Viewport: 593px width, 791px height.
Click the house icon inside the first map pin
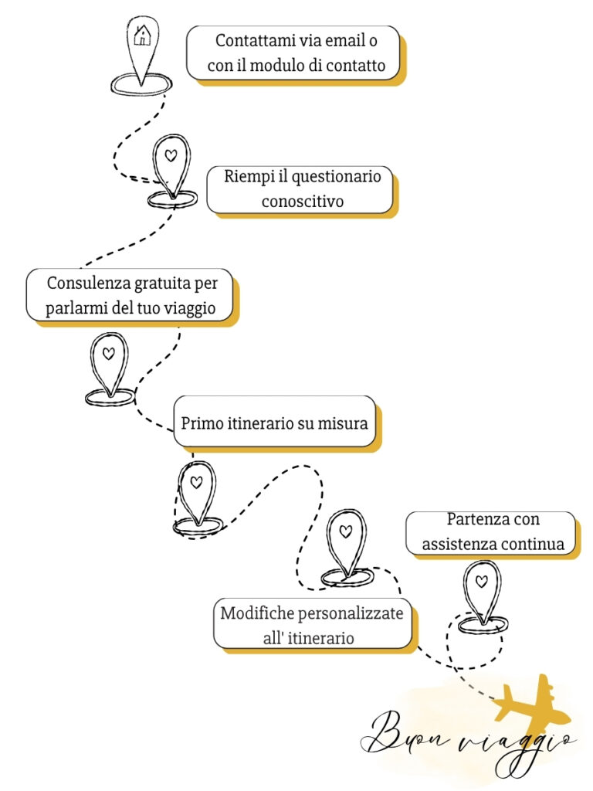coord(143,36)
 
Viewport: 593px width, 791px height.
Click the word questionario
coord(337,177)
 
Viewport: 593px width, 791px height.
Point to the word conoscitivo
coord(303,202)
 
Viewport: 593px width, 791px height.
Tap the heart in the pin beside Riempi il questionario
coord(171,155)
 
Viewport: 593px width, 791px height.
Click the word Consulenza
coord(90,283)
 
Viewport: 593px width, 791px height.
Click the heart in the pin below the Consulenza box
coord(108,354)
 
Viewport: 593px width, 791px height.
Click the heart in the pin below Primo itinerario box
coord(196,482)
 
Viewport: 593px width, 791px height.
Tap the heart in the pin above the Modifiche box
coord(345,531)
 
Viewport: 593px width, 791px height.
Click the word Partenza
coord(472,519)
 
